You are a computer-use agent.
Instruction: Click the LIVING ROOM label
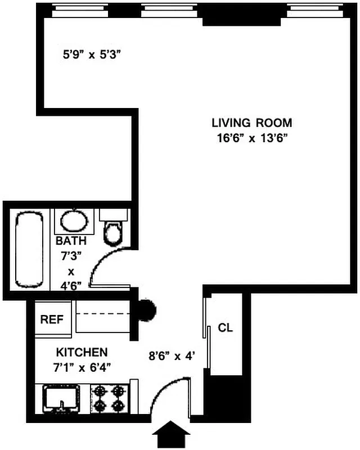(x=251, y=123)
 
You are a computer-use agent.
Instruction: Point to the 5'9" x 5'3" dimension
(x=92, y=55)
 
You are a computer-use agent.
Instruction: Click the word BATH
(x=71, y=241)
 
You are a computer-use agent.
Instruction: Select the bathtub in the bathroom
(x=29, y=249)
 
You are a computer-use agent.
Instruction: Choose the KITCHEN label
(x=82, y=353)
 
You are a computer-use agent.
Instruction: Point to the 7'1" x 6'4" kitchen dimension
(x=82, y=368)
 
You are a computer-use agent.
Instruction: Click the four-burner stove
(x=110, y=398)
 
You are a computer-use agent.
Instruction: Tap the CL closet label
(x=225, y=328)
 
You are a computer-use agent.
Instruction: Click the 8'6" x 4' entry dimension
(x=172, y=355)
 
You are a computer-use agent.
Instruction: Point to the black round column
(x=147, y=309)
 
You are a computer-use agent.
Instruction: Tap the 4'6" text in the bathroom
(x=71, y=285)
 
